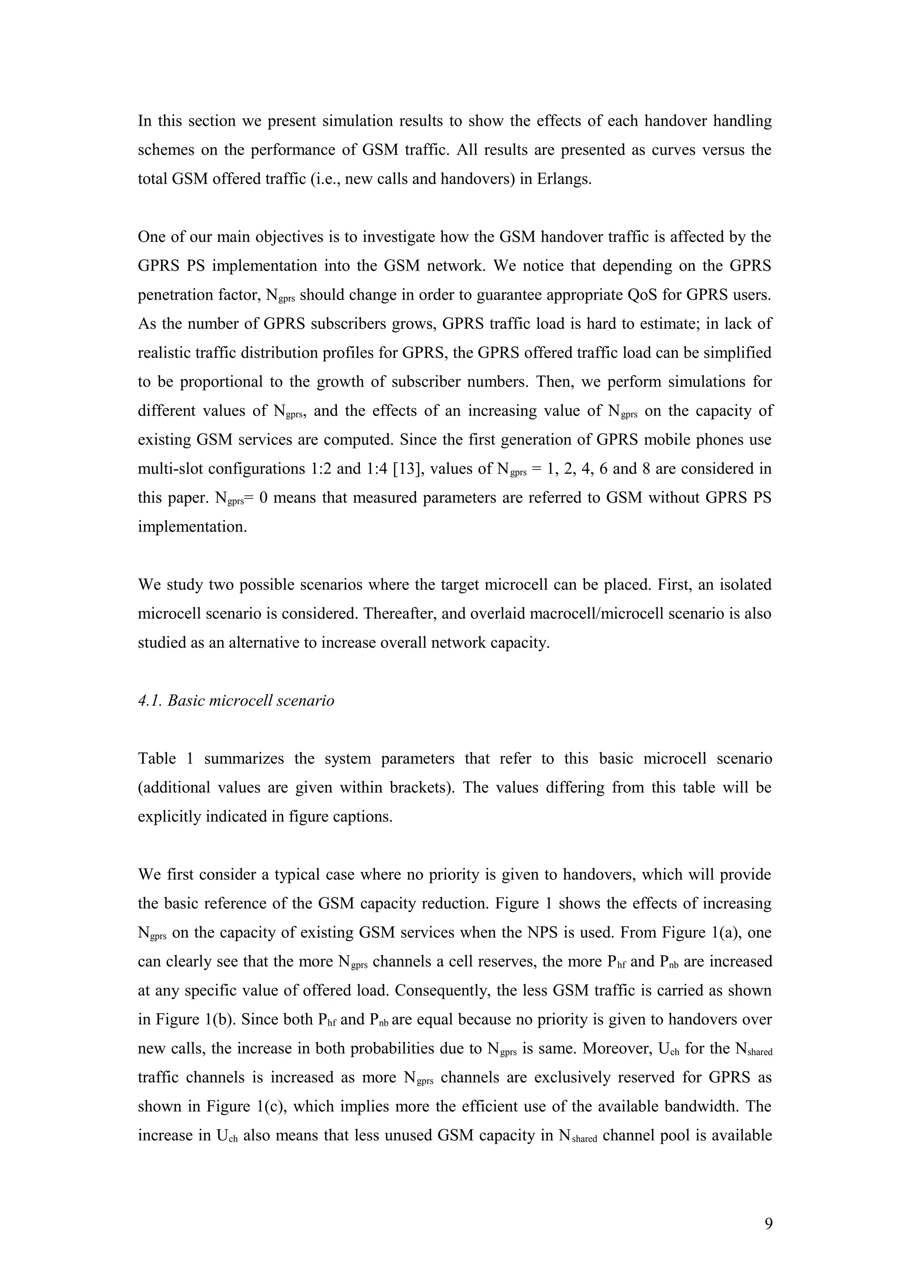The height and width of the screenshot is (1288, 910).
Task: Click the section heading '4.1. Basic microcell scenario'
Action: pyautogui.click(x=236, y=700)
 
